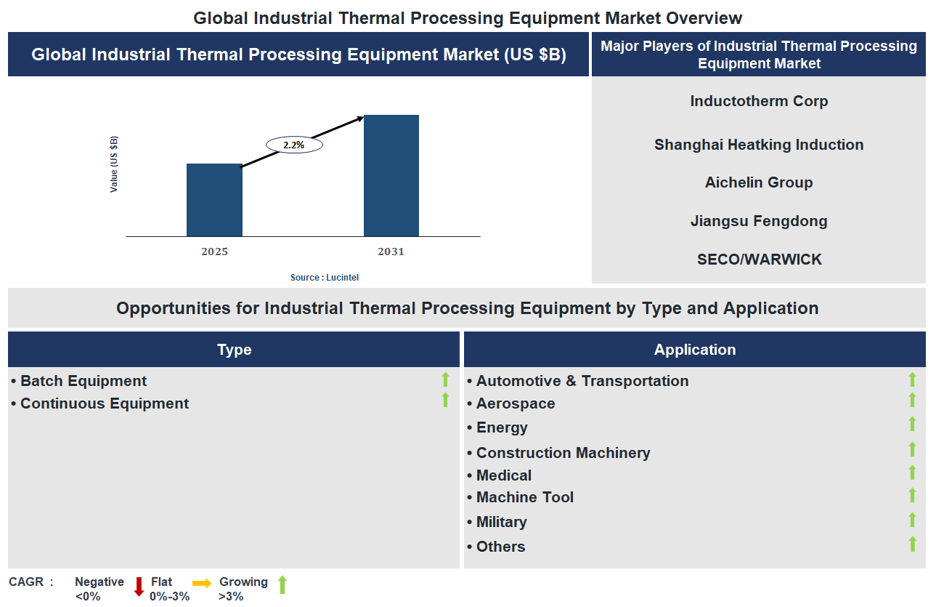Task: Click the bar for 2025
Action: [x=214, y=200]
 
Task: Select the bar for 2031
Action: [x=391, y=175]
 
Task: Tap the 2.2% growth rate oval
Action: [x=294, y=145]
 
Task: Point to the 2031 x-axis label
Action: [x=391, y=252]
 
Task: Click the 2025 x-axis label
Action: [x=214, y=252]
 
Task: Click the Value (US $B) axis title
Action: [x=114, y=164]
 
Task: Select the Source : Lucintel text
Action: [x=325, y=277]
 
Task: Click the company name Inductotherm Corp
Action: [x=759, y=101]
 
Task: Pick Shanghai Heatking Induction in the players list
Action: [x=759, y=145]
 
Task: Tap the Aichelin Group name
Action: [x=759, y=182]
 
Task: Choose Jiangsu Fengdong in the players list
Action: [x=759, y=221]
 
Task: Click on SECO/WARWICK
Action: [x=759, y=260]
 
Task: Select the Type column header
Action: [x=234, y=350]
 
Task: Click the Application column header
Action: [x=695, y=350]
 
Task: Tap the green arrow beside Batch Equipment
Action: [x=446, y=379]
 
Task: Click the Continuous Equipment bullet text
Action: [x=105, y=403]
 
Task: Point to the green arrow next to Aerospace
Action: [x=912, y=401]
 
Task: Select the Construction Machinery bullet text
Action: [x=563, y=453]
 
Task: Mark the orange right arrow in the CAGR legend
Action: [x=202, y=583]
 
